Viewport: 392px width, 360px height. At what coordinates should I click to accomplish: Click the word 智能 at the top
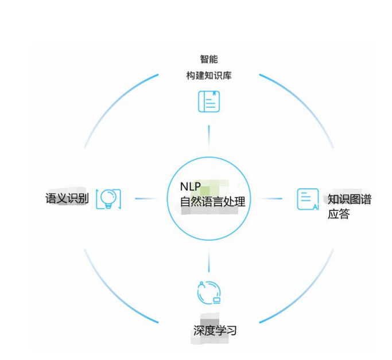[x=208, y=59]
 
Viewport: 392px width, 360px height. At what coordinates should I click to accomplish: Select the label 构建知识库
[x=208, y=76]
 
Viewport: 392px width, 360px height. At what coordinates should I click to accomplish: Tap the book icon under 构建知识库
[x=209, y=102]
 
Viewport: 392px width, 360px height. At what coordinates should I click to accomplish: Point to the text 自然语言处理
[x=212, y=202]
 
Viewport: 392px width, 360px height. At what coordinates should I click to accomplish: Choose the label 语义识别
[x=67, y=199]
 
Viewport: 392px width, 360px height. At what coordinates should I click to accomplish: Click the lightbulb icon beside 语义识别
[x=108, y=198]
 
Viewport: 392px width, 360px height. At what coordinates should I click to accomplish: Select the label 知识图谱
[x=349, y=199]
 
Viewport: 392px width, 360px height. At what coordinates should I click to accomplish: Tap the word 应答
[x=339, y=215]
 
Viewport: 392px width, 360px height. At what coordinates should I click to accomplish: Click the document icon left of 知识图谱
[x=308, y=199]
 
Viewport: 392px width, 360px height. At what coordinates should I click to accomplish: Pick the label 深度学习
[x=215, y=331]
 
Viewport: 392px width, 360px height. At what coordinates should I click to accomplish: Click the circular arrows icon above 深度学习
[x=208, y=292]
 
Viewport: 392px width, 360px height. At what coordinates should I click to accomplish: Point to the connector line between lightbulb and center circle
[x=146, y=199]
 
